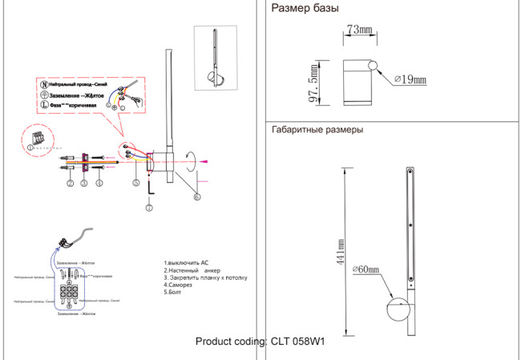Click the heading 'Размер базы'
pos(305,10)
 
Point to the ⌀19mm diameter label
pos(410,79)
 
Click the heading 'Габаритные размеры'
pos(318,130)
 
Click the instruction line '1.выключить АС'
pos(186,263)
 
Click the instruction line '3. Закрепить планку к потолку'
pos(205,277)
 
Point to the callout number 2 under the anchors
pos(70,184)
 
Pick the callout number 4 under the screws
pos(99,184)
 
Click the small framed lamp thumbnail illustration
pos(218,57)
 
